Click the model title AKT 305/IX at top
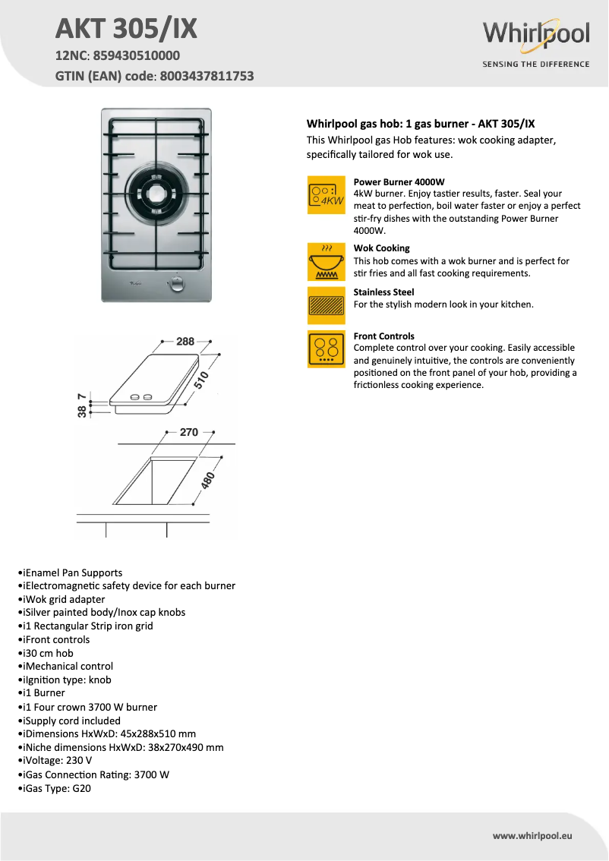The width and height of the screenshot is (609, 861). pos(126,29)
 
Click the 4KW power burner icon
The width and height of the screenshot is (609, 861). pos(326,194)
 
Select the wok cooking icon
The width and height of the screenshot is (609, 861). pos(326,261)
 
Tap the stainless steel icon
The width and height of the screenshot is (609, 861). pos(326,305)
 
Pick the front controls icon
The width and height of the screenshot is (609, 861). pos(326,349)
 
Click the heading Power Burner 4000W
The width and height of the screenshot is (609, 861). pos(399,181)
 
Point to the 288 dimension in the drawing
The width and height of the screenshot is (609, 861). pos(186,342)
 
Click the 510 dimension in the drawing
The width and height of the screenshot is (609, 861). pos(201,380)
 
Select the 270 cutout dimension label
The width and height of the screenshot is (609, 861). pos(188,432)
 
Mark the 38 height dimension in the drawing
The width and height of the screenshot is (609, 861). pos(81,412)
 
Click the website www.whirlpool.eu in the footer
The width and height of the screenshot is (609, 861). pos(532,835)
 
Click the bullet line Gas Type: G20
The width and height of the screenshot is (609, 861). pos(57,788)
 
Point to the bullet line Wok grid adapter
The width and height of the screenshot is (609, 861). pos(65,599)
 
